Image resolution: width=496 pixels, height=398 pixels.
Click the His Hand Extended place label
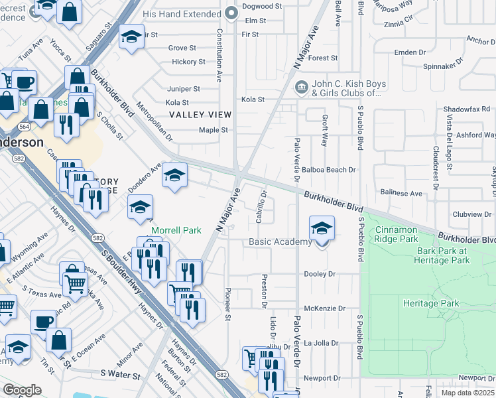point(181,13)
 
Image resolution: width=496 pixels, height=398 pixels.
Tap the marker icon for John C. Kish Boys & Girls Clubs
point(301,85)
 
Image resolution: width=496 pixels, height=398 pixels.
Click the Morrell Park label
point(176,230)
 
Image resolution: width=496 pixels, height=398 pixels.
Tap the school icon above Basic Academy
point(322,230)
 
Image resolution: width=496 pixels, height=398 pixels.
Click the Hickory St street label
point(187,62)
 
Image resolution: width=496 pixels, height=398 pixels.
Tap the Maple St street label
point(214,130)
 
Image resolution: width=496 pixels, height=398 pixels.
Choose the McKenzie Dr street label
point(325,308)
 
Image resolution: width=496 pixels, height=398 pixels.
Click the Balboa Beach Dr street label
point(329,170)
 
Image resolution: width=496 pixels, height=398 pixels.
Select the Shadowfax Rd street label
point(466,109)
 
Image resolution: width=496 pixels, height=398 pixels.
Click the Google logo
point(22,390)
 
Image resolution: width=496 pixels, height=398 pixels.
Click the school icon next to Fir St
point(131,36)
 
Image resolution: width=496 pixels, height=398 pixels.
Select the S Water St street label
point(121,375)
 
